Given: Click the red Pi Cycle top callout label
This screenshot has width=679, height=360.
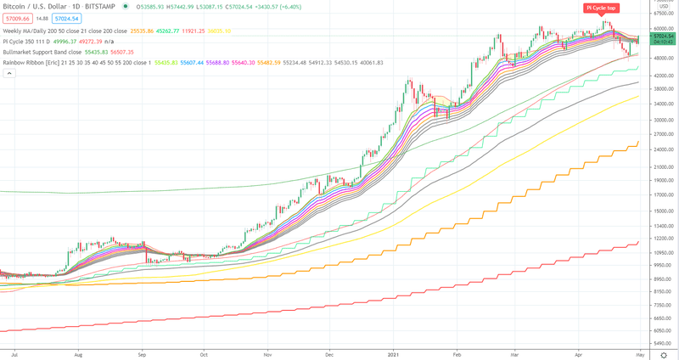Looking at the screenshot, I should pyautogui.click(x=600, y=8).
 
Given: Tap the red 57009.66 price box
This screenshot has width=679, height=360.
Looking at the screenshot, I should pyautogui.click(x=19, y=18).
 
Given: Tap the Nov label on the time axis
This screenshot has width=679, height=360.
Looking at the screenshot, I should pyautogui.click(x=267, y=351).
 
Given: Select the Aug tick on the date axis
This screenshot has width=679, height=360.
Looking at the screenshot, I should pyautogui.click(x=78, y=351).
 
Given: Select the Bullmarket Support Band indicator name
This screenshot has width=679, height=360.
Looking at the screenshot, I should pyautogui.click(x=42, y=51).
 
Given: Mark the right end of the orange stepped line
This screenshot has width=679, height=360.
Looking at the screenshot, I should pyautogui.click(x=637, y=142).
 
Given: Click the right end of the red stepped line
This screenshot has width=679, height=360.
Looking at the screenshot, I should pyautogui.click(x=637, y=242).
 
